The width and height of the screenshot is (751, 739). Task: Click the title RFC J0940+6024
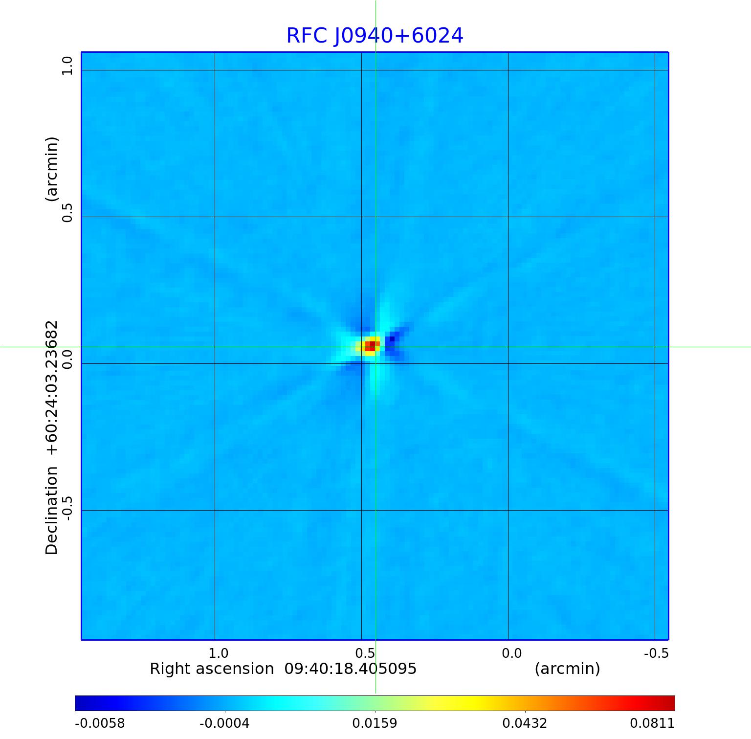[375, 36]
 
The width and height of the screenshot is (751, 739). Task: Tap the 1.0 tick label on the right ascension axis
[218, 653]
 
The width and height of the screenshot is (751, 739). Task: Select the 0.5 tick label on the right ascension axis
[365, 653]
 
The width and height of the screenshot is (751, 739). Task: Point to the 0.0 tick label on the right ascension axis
[511, 653]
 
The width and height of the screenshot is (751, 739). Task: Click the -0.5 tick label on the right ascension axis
[656, 653]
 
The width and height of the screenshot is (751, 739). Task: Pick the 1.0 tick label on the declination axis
[66, 66]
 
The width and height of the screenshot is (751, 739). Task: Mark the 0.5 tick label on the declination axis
[66, 212]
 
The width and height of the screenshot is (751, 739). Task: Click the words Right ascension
[212, 669]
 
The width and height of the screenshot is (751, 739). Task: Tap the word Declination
[51, 511]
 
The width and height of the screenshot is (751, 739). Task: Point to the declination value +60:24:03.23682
[51, 388]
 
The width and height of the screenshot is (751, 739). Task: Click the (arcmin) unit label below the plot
[567, 669]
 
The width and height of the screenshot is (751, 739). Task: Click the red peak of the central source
[372, 345]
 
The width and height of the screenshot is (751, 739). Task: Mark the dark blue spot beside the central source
[391, 339]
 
